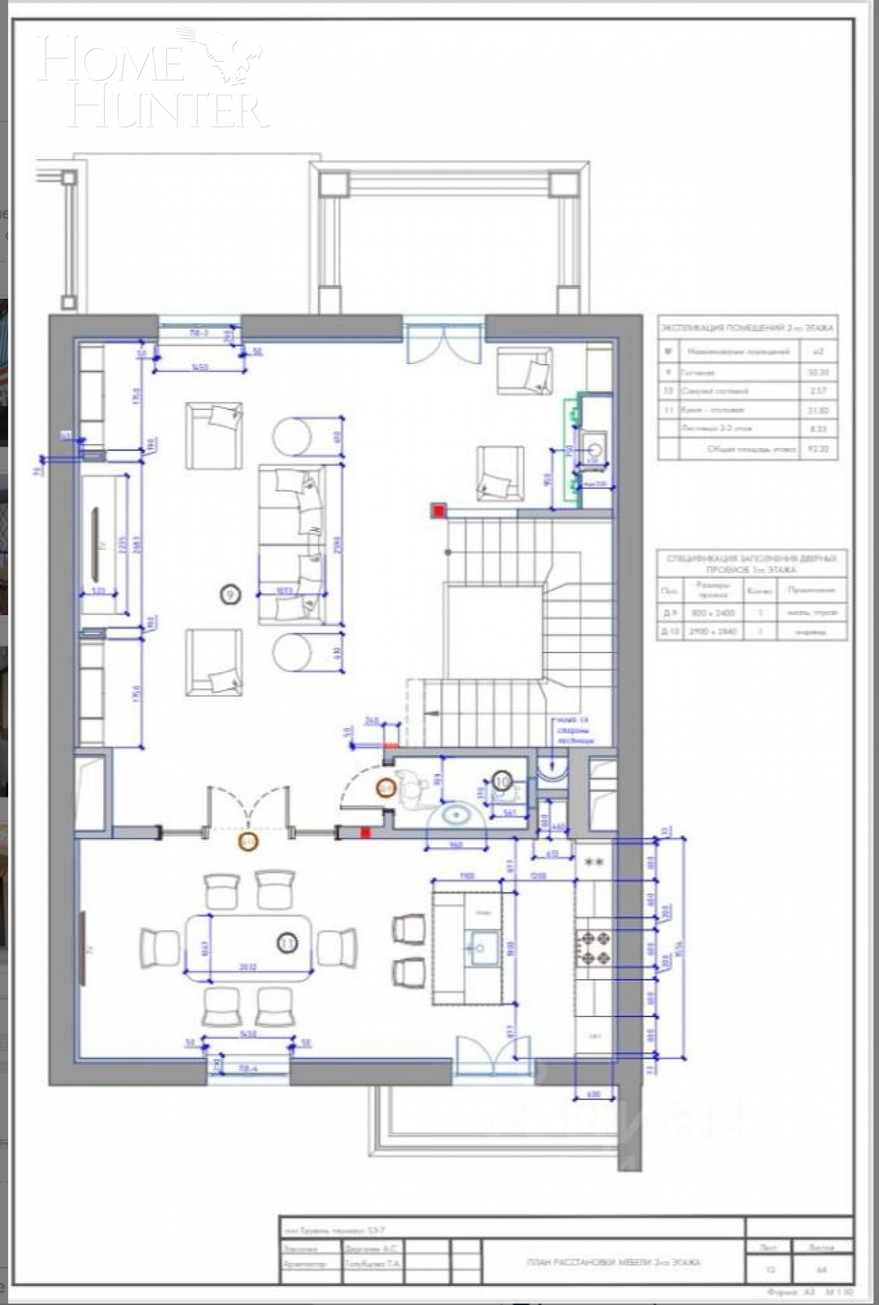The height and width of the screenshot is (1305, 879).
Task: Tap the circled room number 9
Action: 231,594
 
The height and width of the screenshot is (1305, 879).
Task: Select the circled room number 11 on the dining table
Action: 287,943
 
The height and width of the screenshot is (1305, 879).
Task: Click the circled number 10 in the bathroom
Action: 502,781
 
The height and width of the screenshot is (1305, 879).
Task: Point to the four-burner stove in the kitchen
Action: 593,948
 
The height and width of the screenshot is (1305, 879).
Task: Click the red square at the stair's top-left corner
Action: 438,510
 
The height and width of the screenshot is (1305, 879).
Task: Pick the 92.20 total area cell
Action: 817,449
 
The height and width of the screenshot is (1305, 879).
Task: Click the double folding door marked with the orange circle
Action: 249,820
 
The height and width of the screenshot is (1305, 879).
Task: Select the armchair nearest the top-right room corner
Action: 524,371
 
